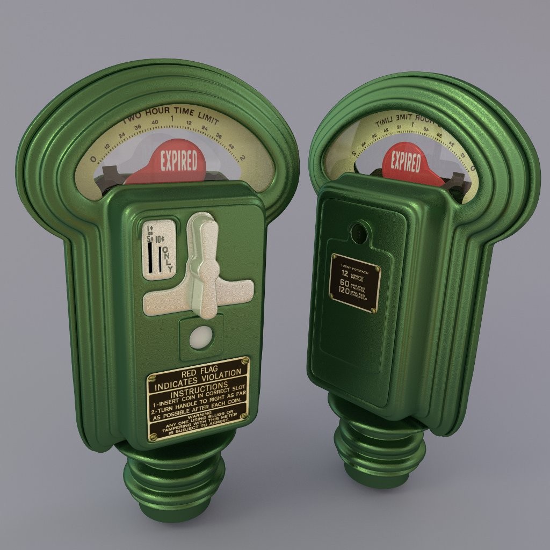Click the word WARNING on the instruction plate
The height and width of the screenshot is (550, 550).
[196, 415]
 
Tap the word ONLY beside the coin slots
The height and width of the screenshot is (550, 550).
[168, 259]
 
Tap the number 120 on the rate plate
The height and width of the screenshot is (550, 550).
[342, 291]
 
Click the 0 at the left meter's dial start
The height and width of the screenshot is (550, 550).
[94, 158]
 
